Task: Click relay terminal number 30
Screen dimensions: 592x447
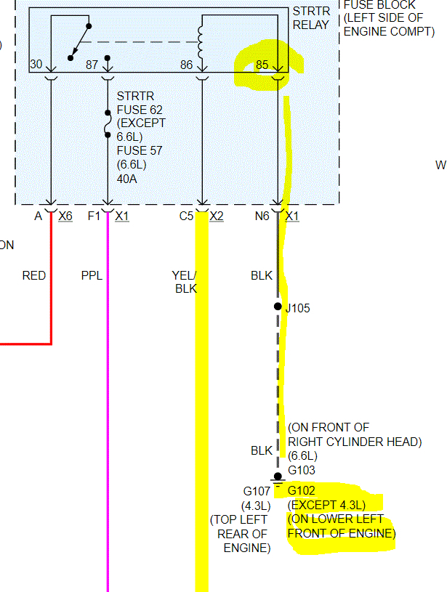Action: (x=36, y=65)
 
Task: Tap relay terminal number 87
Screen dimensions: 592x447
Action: (x=92, y=65)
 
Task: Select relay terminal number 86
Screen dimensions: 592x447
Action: (x=187, y=65)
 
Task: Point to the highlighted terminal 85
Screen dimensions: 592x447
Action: (x=262, y=65)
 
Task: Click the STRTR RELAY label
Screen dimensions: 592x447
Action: (x=310, y=18)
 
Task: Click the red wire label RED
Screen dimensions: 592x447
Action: (x=34, y=275)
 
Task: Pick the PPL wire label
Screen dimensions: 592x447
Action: (x=92, y=275)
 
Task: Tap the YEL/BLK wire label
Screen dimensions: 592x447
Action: (x=184, y=282)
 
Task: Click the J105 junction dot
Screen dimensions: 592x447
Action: (x=278, y=307)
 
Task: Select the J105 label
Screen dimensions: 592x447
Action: (x=297, y=308)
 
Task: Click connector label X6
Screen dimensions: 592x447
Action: (x=65, y=216)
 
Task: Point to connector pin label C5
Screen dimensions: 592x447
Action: (x=188, y=216)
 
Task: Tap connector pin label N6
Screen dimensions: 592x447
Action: (x=262, y=216)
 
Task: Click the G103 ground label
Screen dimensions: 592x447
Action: (x=301, y=470)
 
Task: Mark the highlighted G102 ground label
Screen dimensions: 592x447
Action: (x=302, y=490)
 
